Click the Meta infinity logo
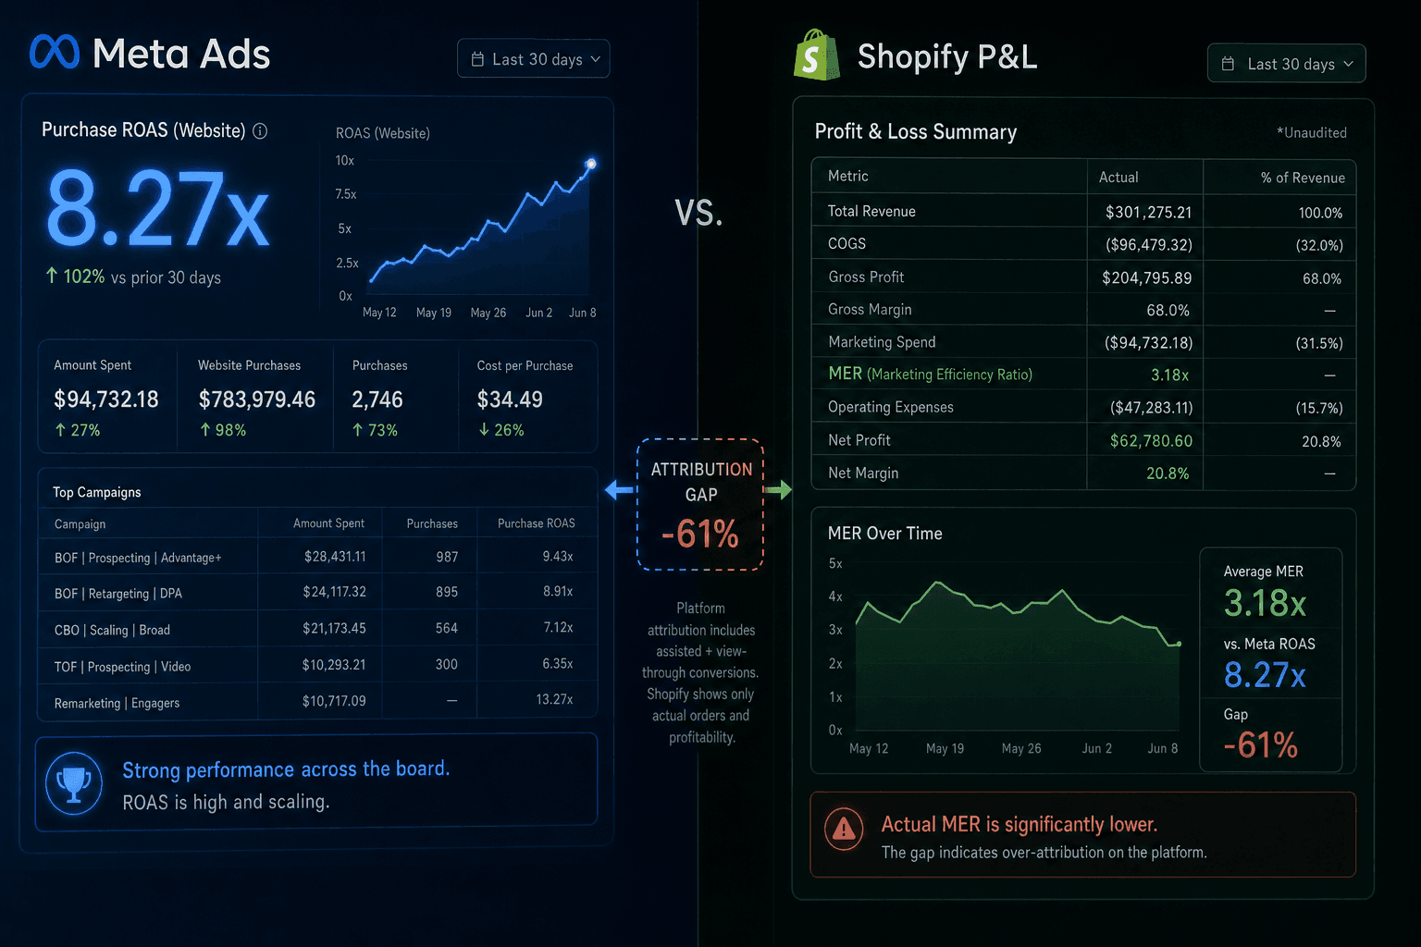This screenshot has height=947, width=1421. tap(55, 52)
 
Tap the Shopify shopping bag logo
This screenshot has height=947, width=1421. tap(817, 55)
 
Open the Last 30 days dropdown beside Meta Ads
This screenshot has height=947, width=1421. tap(534, 59)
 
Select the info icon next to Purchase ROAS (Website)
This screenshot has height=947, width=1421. tap(260, 130)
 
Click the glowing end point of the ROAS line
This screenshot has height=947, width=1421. tap(590, 164)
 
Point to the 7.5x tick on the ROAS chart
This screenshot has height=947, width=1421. tap(346, 194)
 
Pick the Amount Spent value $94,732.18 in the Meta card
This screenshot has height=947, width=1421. tap(106, 399)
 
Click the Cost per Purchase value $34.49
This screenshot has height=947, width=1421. tap(510, 399)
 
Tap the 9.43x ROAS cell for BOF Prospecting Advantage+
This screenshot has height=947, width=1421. tap(558, 557)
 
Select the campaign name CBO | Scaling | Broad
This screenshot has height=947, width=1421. tap(112, 630)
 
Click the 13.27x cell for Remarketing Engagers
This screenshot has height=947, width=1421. tap(554, 699)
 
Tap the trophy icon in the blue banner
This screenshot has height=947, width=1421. tap(74, 782)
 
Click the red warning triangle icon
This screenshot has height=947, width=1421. tap(844, 828)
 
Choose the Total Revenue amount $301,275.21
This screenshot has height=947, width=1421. tap(1149, 212)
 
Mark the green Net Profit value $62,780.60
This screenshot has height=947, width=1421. tap(1152, 441)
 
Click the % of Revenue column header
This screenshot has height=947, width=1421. tap(1303, 178)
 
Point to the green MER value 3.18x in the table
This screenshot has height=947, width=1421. tap(1169, 375)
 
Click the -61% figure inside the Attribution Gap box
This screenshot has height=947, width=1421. tap(700, 534)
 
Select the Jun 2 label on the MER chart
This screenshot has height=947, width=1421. tap(1097, 748)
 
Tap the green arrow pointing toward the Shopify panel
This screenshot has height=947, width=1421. tap(778, 489)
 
